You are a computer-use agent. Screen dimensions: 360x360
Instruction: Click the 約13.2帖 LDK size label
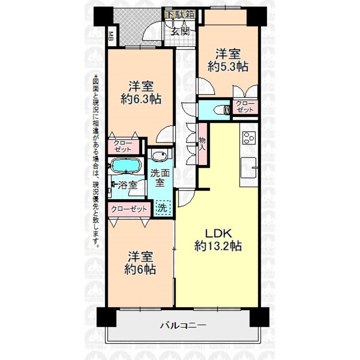coord(218,246)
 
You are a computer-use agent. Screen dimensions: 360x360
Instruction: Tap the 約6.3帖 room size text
coord(141,99)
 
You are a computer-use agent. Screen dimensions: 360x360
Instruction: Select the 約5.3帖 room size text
coord(228,66)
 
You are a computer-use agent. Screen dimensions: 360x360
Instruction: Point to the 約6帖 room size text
coord(141,269)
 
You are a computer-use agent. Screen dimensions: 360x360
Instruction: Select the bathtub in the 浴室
coord(125,166)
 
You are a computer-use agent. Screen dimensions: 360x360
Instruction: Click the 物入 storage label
coord(202,144)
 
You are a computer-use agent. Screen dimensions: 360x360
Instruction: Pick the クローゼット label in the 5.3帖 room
coord(245,107)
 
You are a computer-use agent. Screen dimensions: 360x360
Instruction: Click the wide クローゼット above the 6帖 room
coord(129,209)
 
